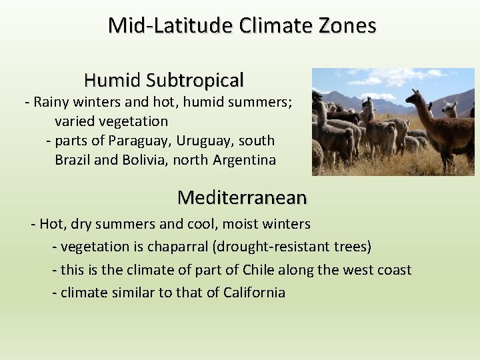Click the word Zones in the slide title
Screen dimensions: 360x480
coord(348,25)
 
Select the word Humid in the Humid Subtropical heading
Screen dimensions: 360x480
coord(113,81)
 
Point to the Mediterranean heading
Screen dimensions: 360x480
coord(242,197)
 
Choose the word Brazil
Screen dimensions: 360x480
coord(74,160)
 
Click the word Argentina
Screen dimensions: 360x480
coord(245,160)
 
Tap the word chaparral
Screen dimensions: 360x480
coord(178,247)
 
